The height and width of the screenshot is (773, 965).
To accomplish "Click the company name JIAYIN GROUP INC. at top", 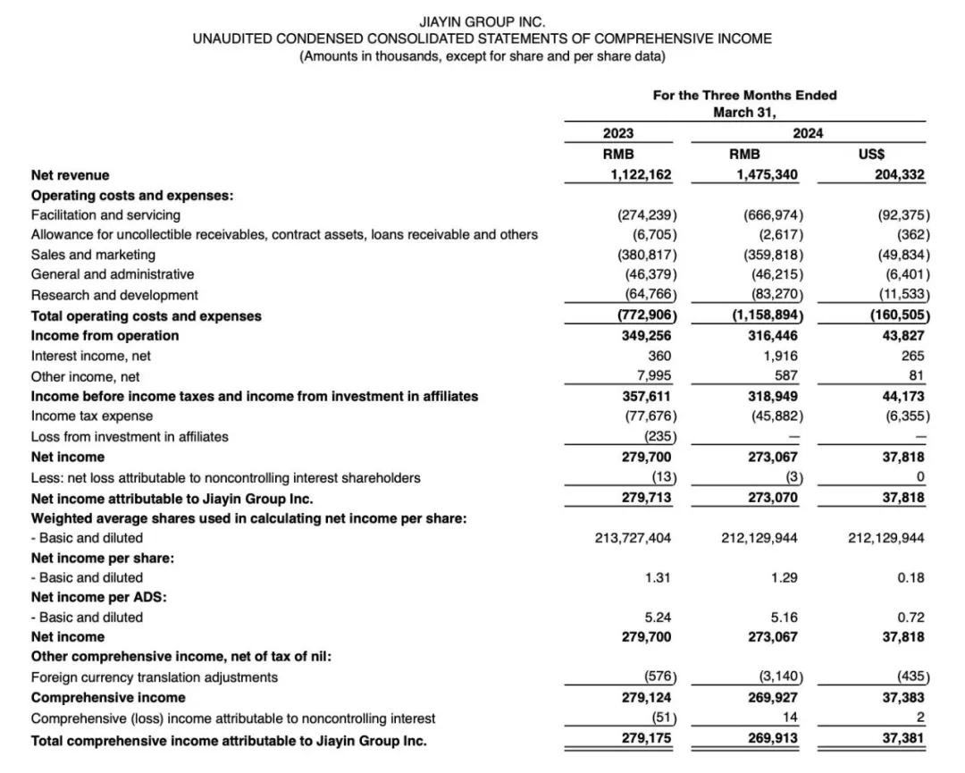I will (x=482, y=21).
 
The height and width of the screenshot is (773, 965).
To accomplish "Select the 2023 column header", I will (x=618, y=133).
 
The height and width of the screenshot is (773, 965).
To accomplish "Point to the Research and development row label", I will (x=114, y=295).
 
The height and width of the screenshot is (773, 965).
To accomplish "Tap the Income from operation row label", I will (x=105, y=336).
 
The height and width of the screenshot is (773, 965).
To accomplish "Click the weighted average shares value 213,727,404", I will (x=633, y=538).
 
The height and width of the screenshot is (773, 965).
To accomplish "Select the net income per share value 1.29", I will (x=784, y=577).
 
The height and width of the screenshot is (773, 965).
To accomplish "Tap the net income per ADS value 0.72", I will (x=910, y=618).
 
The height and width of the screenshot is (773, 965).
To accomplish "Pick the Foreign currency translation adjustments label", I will (x=155, y=677).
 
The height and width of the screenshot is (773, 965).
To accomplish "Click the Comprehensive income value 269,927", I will (x=773, y=698).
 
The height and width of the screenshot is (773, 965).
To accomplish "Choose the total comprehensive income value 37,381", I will (x=902, y=739).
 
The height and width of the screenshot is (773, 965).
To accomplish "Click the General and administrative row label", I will (x=113, y=274).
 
